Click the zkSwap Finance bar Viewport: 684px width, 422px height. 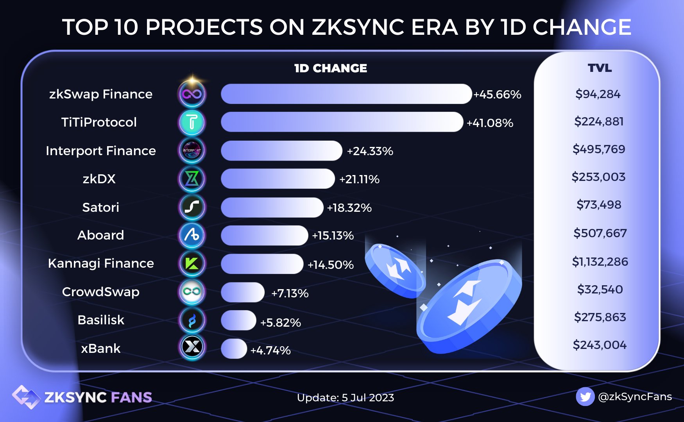[x=346, y=94]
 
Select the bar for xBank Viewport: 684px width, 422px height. [x=234, y=349]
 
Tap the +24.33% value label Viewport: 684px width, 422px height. [x=370, y=151]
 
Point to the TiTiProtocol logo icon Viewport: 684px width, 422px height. [x=192, y=122]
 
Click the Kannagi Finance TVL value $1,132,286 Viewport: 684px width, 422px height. [x=600, y=261]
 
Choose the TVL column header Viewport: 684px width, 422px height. [x=600, y=68]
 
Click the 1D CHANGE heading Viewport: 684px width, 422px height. [x=331, y=68]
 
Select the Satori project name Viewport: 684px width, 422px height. [x=100, y=207]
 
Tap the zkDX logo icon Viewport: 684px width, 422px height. [x=192, y=179]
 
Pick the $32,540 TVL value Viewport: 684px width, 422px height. [x=600, y=290]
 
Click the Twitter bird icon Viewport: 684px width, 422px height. [x=585, y=397]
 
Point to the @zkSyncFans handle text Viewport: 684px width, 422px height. [x=635, y=397]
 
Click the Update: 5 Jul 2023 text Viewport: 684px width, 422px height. [x=346, y=398]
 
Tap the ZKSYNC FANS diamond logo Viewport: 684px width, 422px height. [x=26, y=397]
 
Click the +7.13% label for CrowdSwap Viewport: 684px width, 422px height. [x=290, y=293]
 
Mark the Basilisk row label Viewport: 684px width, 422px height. [x=101, y=320]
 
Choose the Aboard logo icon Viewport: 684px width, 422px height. [x=192, y=235]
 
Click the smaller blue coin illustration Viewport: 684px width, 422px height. [x=395, y=270]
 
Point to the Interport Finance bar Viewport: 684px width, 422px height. [x=281, y=151]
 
